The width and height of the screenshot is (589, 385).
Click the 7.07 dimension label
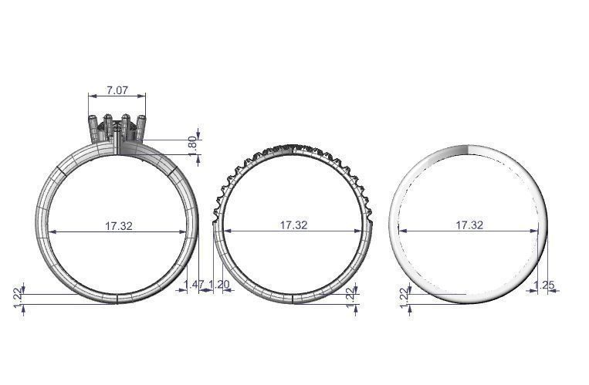tap(117, 90)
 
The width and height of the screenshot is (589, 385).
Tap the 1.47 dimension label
tap(195, 285)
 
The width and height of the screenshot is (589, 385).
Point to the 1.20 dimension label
tap(220, 285)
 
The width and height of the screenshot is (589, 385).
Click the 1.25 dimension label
tap(544, 285)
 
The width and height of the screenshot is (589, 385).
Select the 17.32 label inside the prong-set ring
tap(119, 225)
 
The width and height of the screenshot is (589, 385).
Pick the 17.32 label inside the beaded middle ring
tap(293, 225)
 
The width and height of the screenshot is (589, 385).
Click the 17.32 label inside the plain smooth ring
tap(469, 225)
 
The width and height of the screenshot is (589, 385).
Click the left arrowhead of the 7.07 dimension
tap(91, 96)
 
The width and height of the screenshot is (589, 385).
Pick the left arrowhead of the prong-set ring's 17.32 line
tap(51, 231)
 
